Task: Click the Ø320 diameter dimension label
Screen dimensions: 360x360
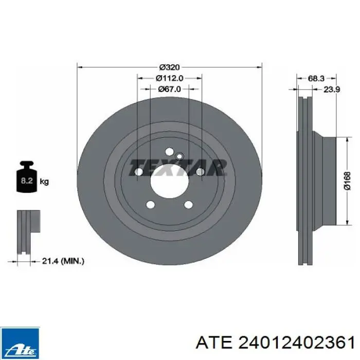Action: [x=169, y=67]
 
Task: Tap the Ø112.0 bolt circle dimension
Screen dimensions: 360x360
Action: [x=169, y=78]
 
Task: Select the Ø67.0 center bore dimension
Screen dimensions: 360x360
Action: [x=169, y=89]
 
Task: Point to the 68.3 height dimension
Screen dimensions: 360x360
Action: [x=316, y=78]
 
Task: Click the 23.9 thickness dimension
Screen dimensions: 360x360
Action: [x=332, y=89]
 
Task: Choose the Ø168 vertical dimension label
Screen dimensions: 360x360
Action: [x=348, y=181]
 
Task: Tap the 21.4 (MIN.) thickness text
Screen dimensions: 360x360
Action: [x=63, y=261]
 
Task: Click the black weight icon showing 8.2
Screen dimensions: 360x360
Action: [x=27, y=176]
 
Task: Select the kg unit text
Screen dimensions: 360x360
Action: [x=44, y=182]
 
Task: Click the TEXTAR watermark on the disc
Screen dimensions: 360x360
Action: [x=177, y=167]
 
